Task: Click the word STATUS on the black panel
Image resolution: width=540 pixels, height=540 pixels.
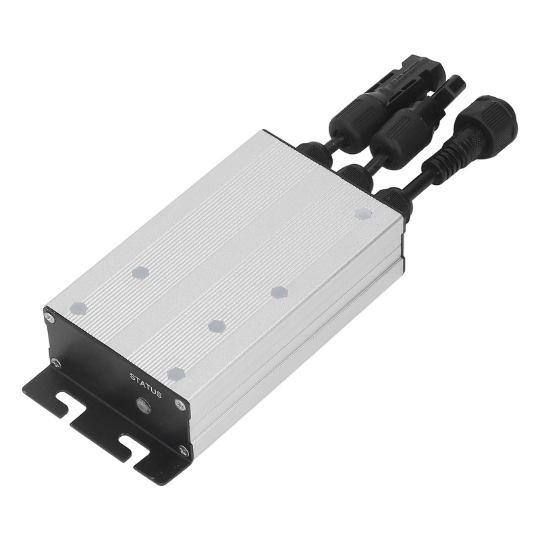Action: [x=145, y=385]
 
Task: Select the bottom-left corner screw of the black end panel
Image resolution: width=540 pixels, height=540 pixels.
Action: [x=55, y=361]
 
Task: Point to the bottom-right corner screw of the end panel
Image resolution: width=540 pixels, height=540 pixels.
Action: [x=183, y=449]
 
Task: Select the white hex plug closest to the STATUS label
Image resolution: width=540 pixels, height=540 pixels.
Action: [x=175, y=373]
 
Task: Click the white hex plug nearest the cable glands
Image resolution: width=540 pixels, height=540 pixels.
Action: [x=364, y=213]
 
